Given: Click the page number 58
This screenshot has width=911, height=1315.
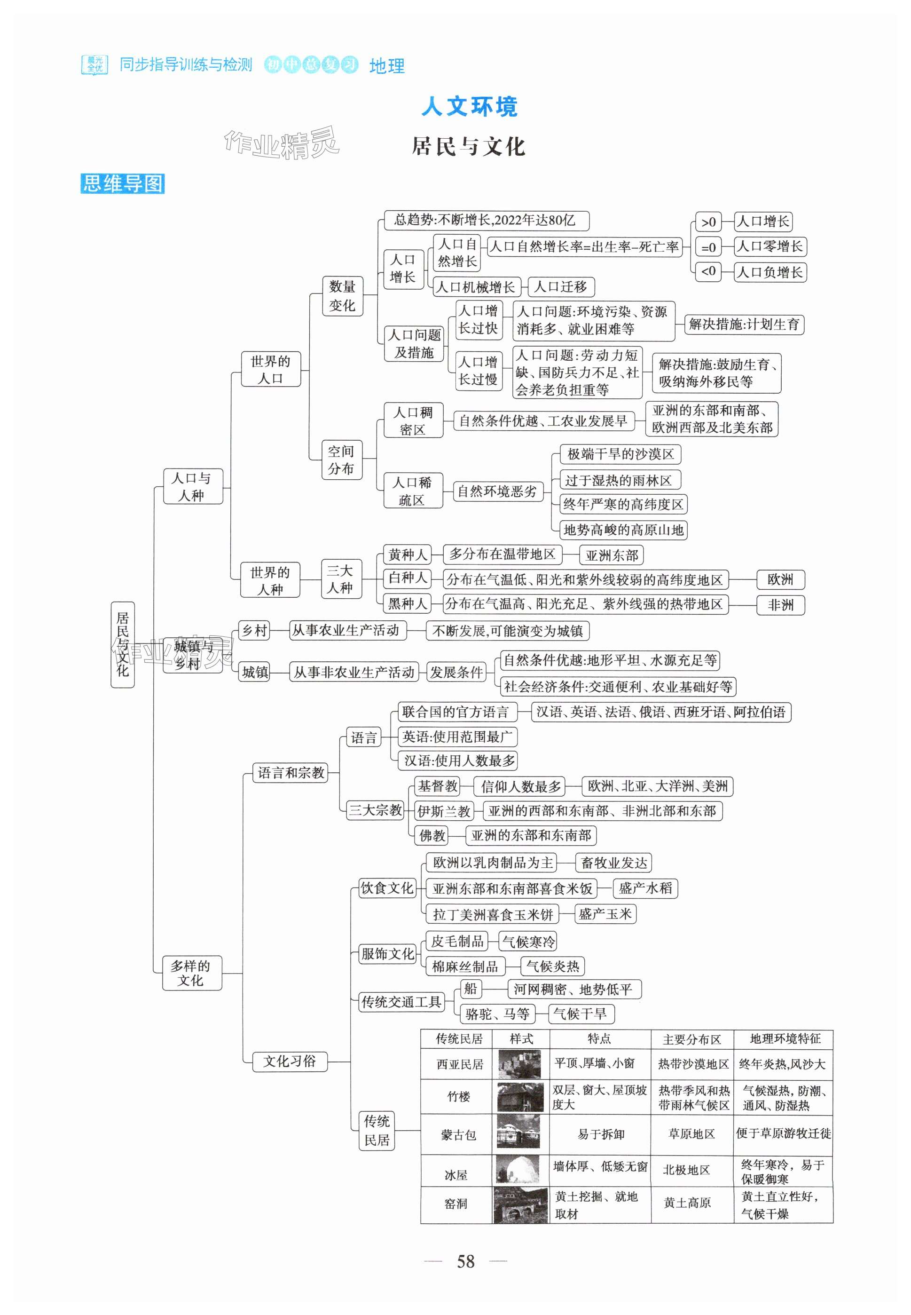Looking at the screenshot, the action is pos(465,1261).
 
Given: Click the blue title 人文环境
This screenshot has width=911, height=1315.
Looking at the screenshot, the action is pos(469,107).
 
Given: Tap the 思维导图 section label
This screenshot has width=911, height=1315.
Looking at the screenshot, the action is pos(123,183).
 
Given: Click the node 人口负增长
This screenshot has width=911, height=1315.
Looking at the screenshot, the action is pos(770,272).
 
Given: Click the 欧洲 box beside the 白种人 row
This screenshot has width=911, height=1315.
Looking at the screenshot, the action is pos(780,579).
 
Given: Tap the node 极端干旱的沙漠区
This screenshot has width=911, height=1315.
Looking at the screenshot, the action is pos(620,454).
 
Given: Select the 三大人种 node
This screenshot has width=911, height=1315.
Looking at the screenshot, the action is pos(340,579).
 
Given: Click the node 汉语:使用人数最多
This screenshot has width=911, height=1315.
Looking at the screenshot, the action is pos(460,760).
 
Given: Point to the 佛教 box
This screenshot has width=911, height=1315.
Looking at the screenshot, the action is pos(432,836).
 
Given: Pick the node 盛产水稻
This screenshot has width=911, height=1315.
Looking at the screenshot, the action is pos(645,888).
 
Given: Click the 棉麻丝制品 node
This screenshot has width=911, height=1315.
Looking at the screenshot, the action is pos(464,966).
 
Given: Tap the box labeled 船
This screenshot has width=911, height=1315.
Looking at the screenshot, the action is pos(471,989).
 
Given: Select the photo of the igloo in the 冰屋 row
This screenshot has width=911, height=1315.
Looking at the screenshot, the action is pos(518,1169).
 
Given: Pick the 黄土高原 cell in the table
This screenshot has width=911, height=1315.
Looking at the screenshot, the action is pos(687,1203).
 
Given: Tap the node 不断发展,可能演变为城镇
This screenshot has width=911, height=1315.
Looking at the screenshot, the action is pos(508,631).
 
